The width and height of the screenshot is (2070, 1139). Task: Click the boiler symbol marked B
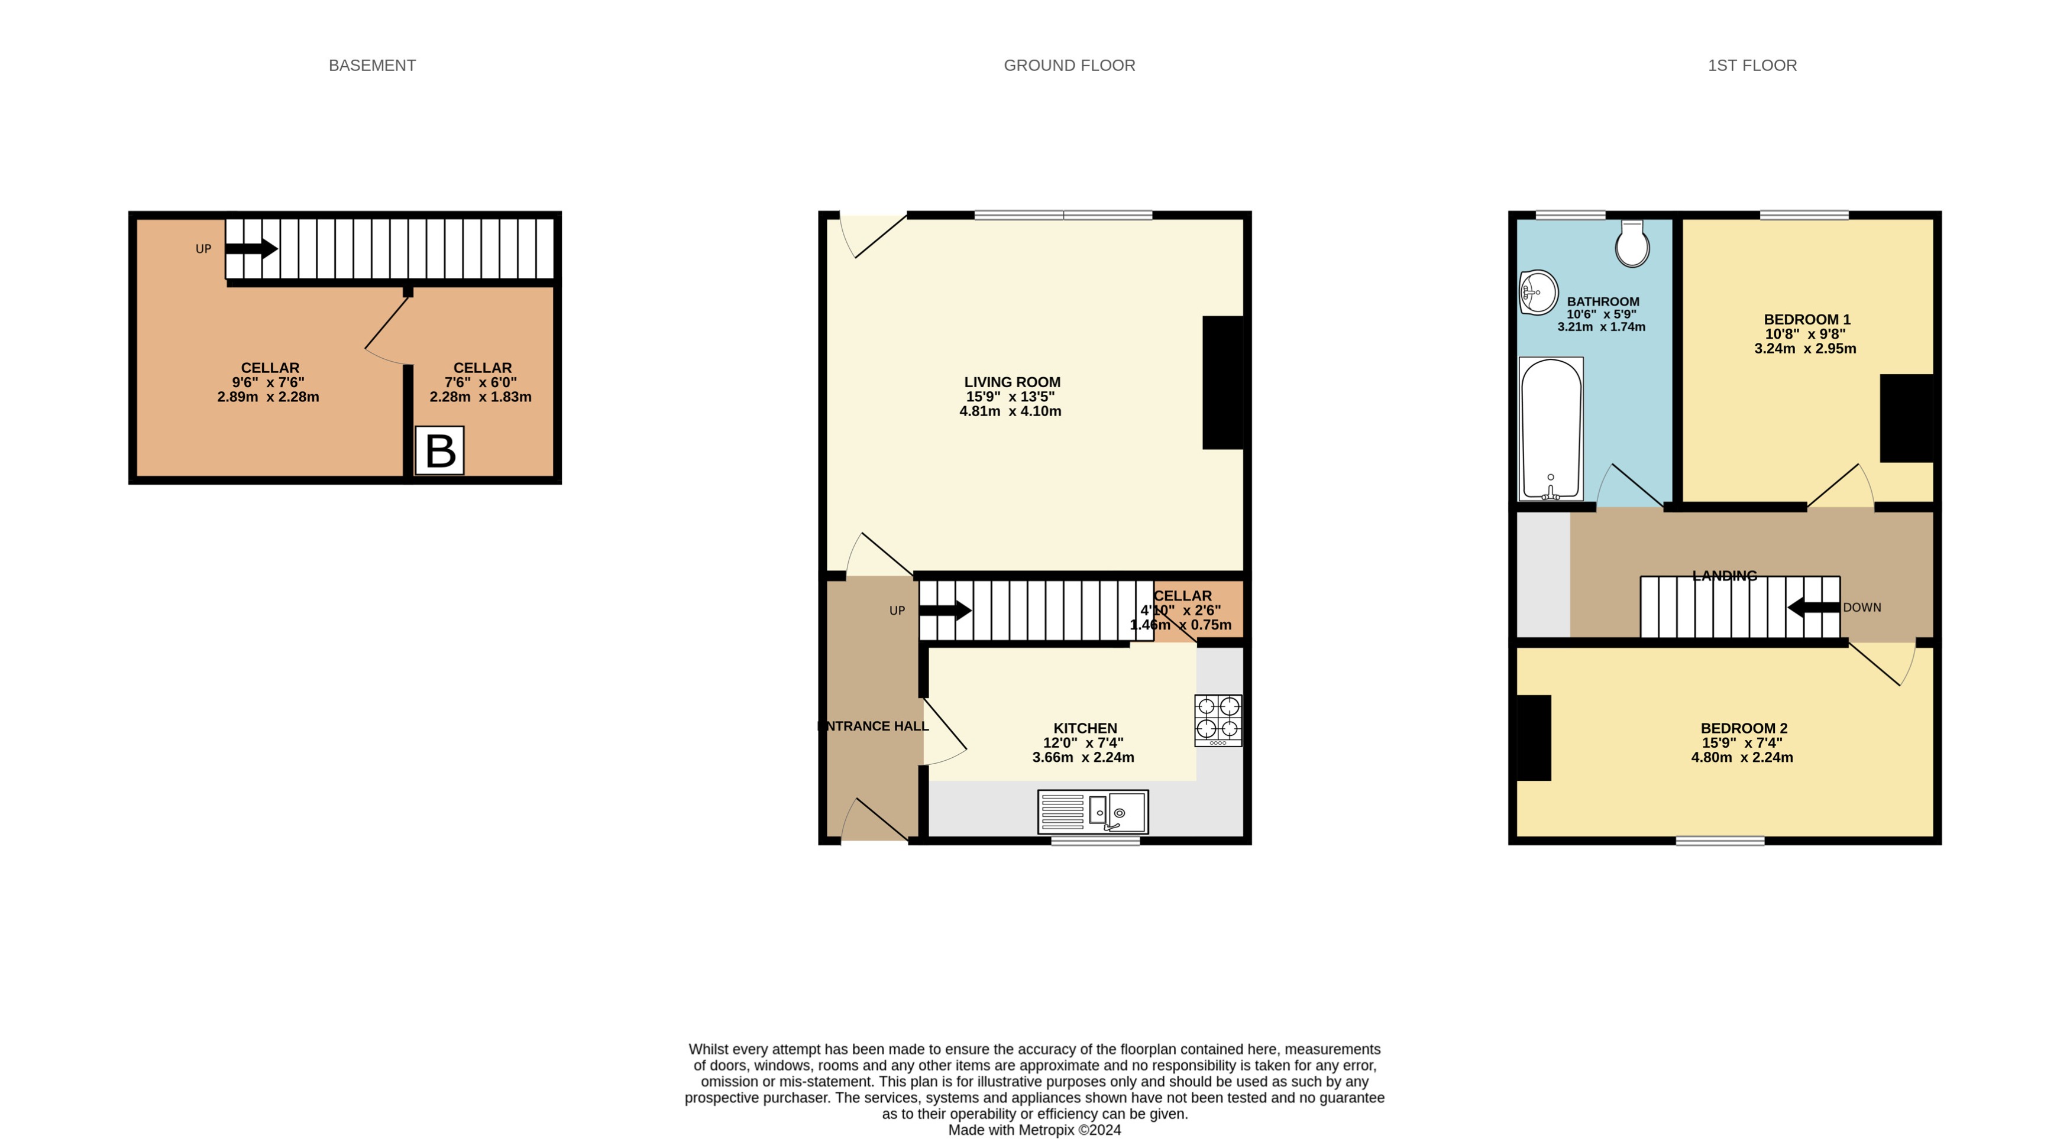pyautogui.click(x=439, y=450)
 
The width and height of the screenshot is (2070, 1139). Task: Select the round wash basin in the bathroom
pyautogui.click(x=1538, y=293)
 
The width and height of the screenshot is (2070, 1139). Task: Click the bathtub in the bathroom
pyautogui.click(x=1551, y=429)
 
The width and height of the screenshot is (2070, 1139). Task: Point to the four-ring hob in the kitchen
pyautogui.click(x=1217, y=720)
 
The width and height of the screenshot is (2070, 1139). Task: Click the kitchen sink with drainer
pyautogui.click(x=1093, y=812)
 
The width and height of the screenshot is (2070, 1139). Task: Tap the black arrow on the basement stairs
pyautogui.click(x=251, y=248)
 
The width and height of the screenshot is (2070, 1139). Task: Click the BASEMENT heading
pyautogui.click(x=372, y=65)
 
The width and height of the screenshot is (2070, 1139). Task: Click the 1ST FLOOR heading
pyautogui.click(x=1752, y=65)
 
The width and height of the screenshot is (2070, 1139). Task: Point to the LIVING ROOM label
pyautogui.click(x=1012, y=382)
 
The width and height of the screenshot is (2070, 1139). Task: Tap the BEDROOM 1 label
pyautogui.click(x=1806, y=319)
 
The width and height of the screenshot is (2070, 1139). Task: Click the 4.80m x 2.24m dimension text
pyautogui.click(x=1741, y=757)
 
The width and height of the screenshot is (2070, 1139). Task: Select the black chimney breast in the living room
pyautogui.click(x=1222, y=382)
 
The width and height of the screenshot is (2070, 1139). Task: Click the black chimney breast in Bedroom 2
pyautogui.click(x=1533, y=738)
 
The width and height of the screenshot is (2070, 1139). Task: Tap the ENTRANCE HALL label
pyautogui.click(x=874, y=726)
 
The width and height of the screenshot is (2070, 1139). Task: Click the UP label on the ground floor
pyautogui.click(x=897, y=611)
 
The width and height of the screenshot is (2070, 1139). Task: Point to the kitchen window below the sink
pyautogui.click(x=1095, y=841)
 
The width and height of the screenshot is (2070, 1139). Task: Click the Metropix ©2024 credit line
pyautogui.click(x=1034, y=1130)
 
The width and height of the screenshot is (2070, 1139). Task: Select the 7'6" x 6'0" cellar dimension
pyautogui.click(x=480, y=382)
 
